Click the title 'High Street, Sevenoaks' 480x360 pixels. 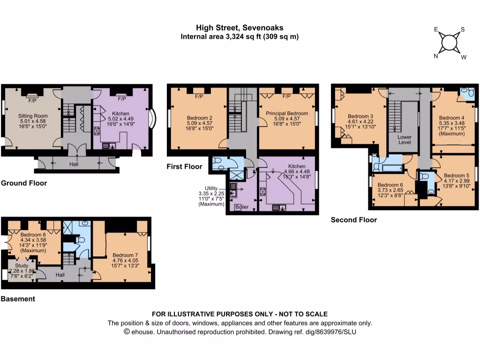(240, 28)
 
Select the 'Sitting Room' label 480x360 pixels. (32, 116)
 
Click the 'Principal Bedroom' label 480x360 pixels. (286, 113)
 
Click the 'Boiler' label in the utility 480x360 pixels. (242, 207)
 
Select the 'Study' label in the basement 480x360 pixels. (22, 266)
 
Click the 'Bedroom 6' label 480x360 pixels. (390, 185)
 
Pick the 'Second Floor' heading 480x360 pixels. (353, 219)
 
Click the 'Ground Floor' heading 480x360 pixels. (24, 183)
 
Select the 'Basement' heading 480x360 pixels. (18, 299)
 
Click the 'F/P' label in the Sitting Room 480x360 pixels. (32, 100)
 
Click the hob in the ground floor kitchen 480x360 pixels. (97, 131)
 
